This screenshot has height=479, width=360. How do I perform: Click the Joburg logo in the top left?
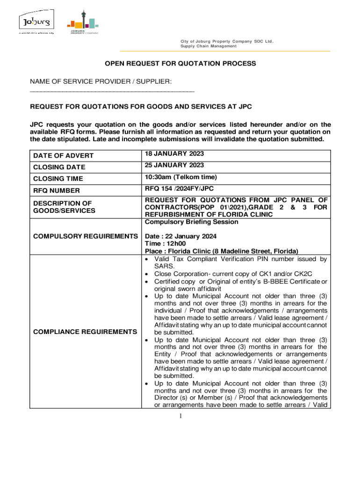pyautogui.click(x=36, y=22)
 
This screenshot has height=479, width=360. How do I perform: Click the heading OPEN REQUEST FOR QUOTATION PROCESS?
pyautogui.click(x=180, y=63)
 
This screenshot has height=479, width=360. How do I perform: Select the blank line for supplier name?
pyautogui.click(x=112, y=91)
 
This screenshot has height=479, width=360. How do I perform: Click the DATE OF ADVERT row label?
pyautogui.click(x=63, y=156)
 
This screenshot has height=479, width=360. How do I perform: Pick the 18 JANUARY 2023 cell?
pyautogui.click(x=174, y=154)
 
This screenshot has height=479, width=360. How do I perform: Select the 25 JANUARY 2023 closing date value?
pyautogui.click(x=174, y=166)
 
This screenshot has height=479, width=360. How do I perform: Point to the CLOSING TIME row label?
pyautogui.click(x=58, y=179)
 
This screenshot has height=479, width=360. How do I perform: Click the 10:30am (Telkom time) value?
pyautogui.click(x=181, y=177)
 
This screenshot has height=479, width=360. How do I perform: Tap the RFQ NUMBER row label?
pyautogui.click(x=56, y=191)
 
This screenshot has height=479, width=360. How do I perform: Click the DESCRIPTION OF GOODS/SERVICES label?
pyautogui.click(x=64, y=207)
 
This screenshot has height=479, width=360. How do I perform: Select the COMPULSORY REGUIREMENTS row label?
pyautogui.click(x=85, y=237)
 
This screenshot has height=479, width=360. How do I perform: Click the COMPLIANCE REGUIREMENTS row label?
pyautogui.click(x=85, y=332)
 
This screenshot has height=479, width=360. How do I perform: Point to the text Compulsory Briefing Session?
pyautogui.click(x=191, y=222)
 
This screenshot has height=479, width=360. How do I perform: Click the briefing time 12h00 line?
pyautogui.click(x=165, y=244)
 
